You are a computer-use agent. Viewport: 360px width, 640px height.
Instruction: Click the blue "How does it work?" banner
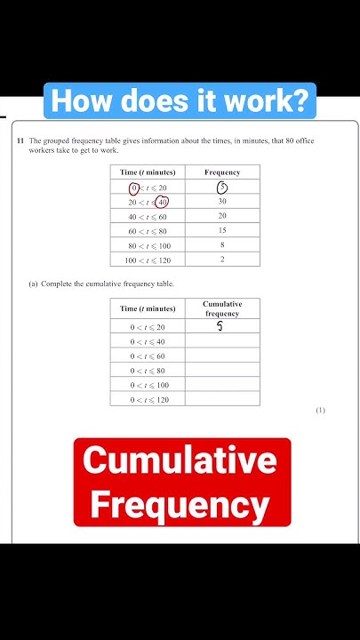pos(180,101)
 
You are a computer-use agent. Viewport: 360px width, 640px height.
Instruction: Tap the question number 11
pos(19,141)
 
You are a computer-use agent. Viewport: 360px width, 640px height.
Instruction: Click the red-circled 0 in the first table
pos(134,188)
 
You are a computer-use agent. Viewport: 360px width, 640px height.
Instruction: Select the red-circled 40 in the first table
pos(162,202)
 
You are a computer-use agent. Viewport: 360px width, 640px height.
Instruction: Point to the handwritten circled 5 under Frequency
pos(222,188)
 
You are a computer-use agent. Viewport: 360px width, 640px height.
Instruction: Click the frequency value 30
pos(222,202)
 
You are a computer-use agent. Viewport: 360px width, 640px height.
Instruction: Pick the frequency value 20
pos(222,216)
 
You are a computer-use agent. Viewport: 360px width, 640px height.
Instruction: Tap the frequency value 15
pos(222,230)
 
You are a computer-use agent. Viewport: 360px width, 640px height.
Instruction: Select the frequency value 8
pos(222,244)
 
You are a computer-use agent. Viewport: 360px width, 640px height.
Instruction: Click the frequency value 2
pos(222,259)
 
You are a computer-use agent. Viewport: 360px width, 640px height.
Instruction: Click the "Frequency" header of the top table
pos(222,172)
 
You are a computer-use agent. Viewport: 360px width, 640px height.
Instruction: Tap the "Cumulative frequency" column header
pos(222,308)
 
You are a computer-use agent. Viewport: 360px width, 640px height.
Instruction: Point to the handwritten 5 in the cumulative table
pos(220,327)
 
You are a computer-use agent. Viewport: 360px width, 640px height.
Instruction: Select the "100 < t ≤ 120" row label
pos(148,259)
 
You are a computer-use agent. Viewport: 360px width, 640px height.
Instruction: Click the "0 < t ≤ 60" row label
pos(148,356)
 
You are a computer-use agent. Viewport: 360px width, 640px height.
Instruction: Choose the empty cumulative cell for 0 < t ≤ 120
pos(222,399)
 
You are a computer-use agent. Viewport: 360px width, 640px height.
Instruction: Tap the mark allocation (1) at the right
pos(320,410)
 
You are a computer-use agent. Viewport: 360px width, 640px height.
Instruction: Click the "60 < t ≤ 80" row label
pos(148,230)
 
